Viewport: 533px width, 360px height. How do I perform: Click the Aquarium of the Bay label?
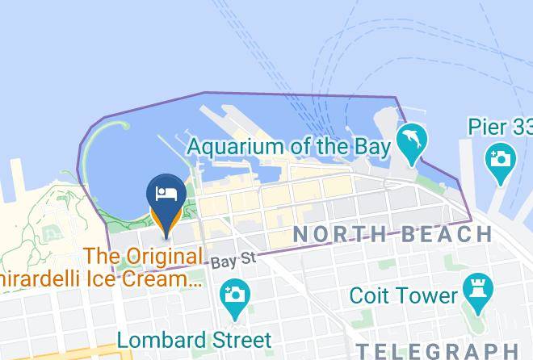coord(289,148)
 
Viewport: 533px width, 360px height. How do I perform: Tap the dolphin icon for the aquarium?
coord(412,142)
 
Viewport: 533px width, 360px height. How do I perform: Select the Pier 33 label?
coord(499,127)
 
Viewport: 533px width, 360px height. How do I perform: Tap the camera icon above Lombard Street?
coord(235,294)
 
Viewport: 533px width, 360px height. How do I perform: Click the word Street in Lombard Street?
coord(241,337)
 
